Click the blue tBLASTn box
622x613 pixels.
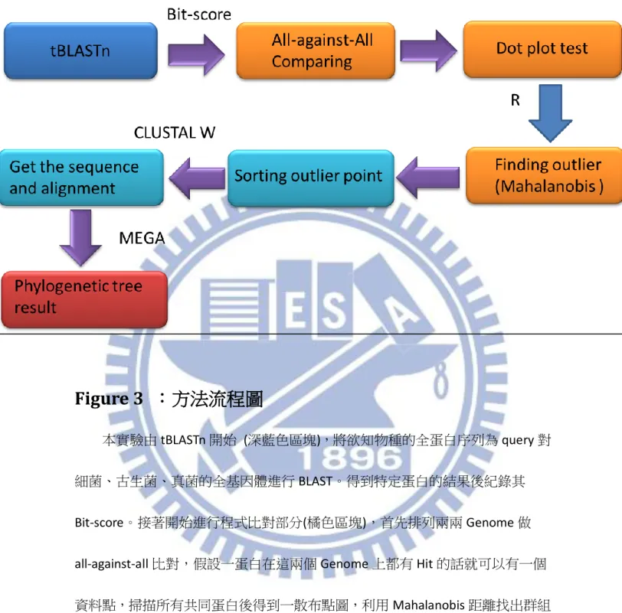(x=80, y=51)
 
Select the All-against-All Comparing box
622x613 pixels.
(x=316, y=51)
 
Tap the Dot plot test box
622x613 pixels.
(x=542, y=49)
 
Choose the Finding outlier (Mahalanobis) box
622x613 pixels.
(x=544, y=175)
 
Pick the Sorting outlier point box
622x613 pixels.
(x=311, y=178)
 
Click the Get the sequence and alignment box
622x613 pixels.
(x=82, y=177)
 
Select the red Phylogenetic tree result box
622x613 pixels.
(x=84, y=299)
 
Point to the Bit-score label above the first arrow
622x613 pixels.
(x=198, y=15)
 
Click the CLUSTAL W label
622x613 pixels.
(x=175, y=132)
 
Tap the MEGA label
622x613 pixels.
(x=142, y=238)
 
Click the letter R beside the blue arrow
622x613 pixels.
(x=516, y=100)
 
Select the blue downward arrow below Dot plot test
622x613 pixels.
(x=550, y=113)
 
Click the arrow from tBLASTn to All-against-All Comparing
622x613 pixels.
(x=196, y=54)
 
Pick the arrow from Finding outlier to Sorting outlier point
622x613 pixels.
(x=427, y=178)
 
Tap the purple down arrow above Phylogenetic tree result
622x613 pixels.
(x=80, y=237)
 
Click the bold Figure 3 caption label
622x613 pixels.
(x=109, y=399)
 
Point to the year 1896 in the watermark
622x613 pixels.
(x=351, y=458)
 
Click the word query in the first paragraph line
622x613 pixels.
(x=518, y=440)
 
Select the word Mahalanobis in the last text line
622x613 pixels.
(x=429, y=605)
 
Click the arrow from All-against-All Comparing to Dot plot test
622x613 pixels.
(x=428, y=51)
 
